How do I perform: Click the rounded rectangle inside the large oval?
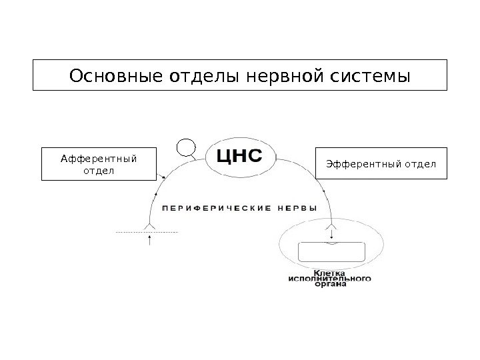332,253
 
